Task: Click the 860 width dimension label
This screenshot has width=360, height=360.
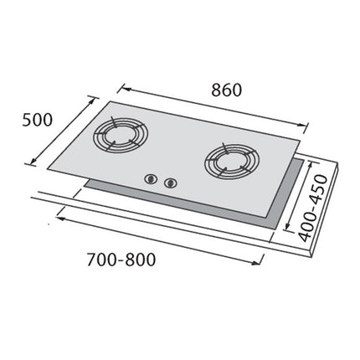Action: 226,90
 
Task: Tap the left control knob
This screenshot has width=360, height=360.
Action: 152,177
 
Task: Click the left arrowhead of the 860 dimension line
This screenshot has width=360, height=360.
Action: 120,85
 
